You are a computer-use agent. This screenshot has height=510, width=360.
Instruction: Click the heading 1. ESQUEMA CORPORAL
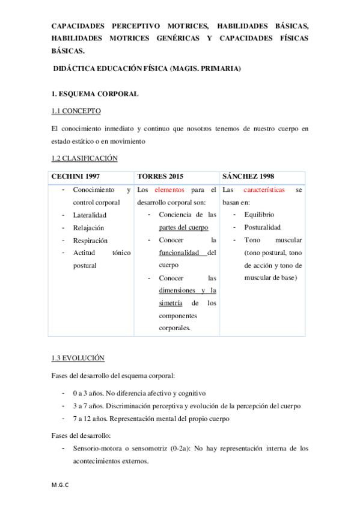[x=95, y=94]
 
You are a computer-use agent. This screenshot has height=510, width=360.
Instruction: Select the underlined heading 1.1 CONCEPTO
[x=76, y=111]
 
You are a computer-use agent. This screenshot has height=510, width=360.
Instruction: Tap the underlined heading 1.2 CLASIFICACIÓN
[x=84, y=158]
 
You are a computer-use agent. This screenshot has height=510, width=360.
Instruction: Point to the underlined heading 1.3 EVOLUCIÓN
[x=78, y=358]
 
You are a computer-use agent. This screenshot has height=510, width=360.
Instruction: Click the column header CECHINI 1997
[x=76, y=176]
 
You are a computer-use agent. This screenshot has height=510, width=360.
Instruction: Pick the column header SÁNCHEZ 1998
[x=248, y=176]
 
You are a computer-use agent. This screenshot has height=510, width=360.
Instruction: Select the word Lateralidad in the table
[x=90, y=215]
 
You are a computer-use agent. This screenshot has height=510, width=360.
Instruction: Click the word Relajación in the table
[x=88, y=228]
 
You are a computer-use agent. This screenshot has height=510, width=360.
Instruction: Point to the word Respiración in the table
[x=90, y=241]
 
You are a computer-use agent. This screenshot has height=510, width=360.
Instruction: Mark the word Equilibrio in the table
[x=259, y=215]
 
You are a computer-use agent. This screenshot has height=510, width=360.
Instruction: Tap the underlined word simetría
[x=171, y=303]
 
